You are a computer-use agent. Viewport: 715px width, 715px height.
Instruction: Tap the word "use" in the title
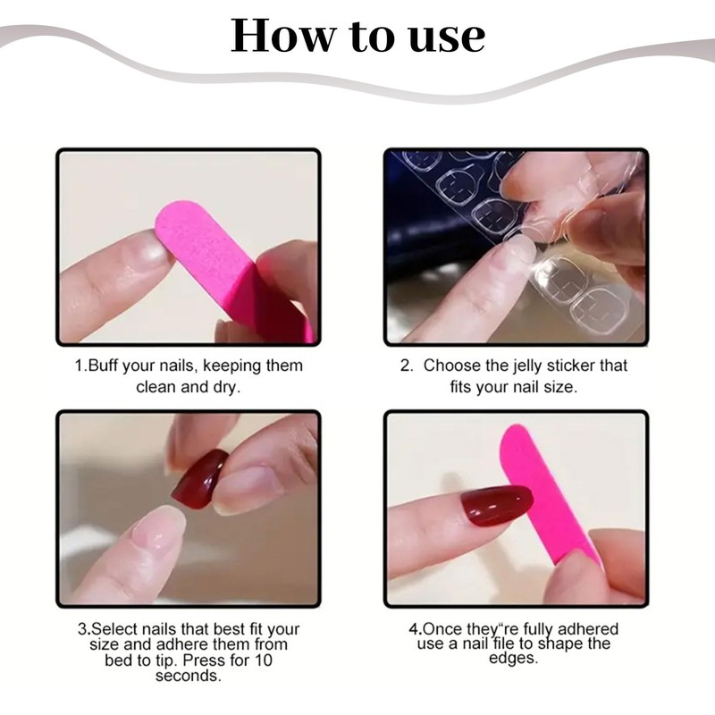click(x=442, y=37)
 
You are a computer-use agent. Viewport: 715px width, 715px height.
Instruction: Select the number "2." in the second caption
click(x=407, y=366)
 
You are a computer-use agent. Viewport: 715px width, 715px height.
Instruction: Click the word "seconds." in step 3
click(x=189, y=675)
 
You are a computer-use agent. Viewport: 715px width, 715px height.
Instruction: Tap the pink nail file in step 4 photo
click(x=541, y=492)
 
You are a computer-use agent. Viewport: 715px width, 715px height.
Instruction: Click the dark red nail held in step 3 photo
click(x=198, y=479)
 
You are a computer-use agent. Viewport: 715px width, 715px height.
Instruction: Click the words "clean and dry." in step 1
click(x=189, y=388)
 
